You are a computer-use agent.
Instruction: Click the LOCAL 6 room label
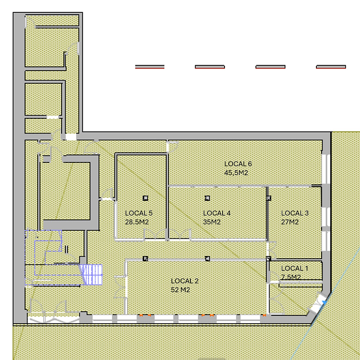coord(238,164)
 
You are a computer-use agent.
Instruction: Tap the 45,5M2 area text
coord(236,172)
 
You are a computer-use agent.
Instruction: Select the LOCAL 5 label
coord(138,213)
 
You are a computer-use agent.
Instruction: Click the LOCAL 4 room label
coord(216,213)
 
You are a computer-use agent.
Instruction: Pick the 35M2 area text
coord(212,222)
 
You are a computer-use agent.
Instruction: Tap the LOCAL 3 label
coord(295,213)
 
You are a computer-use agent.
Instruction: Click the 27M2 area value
coord(290,222)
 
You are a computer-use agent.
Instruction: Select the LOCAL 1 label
coord(294,269)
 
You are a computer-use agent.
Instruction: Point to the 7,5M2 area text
coord(291,277)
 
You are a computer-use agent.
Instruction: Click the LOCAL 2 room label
coord(185,280)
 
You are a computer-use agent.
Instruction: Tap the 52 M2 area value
coord(180,289)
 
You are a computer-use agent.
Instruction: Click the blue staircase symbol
coord(91,274)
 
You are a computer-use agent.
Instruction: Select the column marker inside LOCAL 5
coord(145,198)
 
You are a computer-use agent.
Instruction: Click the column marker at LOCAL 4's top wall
coord(207,198)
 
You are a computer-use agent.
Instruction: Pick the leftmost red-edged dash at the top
coord(150,67)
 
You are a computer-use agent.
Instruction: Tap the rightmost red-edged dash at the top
coord(331,67)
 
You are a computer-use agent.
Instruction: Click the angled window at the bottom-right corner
coord(319,305)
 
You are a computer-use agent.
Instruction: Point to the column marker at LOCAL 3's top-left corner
coord(269,198)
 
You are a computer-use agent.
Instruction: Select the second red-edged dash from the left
coord(210,67)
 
